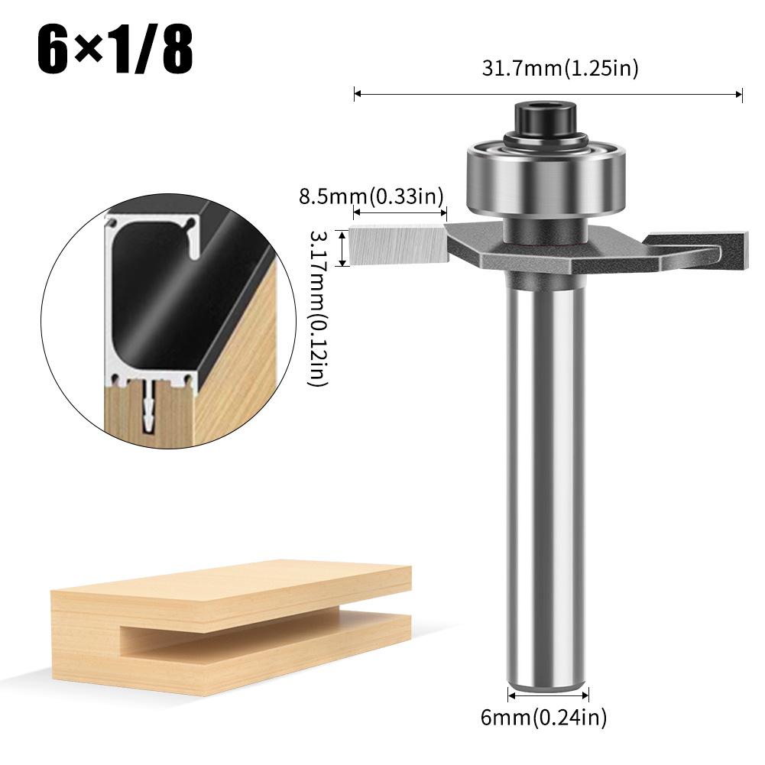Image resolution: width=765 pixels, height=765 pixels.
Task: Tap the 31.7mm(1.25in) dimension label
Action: pyautogui.click(x=560, y=68)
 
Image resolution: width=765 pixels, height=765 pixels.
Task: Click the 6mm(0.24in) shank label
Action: pyautogui.click(x=548, y=717)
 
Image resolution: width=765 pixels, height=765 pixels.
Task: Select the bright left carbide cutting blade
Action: pyautogui.click(x=397, y=243)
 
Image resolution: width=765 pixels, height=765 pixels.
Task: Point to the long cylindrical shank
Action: pyautogui.click(x=548, y=474)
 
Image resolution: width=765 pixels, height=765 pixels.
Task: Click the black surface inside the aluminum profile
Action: pyautogui.click(x=153, y=306)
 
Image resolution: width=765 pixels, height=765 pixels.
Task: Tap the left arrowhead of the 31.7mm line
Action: pyautogui.click(x=356, y=95)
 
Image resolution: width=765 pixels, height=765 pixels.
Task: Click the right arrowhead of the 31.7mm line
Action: pyautogui.click(x=740, y=95)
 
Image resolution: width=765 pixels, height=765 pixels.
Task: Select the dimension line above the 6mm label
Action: pyautogui.click(x=548, y=695)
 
